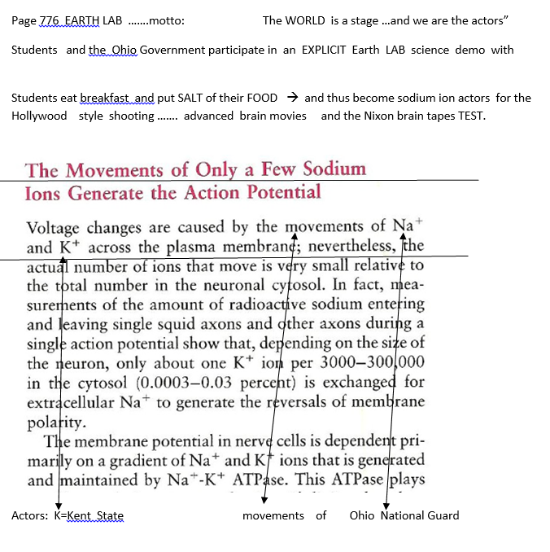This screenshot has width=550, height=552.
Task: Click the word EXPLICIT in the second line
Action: click(324, 50)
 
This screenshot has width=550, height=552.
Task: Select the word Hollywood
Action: click(39, 116)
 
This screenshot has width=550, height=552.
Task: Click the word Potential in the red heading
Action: click(280, 193)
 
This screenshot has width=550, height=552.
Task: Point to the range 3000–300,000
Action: click(377, 361)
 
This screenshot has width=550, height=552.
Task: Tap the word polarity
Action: click(55, 420)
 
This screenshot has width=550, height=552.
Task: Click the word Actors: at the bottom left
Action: click(30, 515)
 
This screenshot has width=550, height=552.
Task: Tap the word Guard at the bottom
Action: click(442, 515)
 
